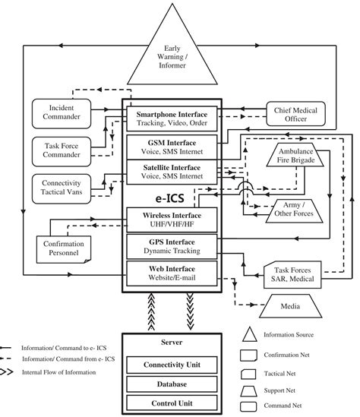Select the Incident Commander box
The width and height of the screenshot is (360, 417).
pyautogui.click(x=60, y=112)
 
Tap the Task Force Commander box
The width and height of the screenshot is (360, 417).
pyautogui.click(x=60, y=150)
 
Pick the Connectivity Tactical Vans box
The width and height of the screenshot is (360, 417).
pyautogui.click(x=60, y=188)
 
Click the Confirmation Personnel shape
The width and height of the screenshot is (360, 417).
pyautogui.click(x=64, y=248)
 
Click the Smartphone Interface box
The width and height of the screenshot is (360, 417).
pyautogui.click(x=172, y=118)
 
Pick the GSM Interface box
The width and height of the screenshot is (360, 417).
pyautogui.click(x=172, y=146)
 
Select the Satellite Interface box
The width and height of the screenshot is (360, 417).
pyautogui.click(x=172, y=171)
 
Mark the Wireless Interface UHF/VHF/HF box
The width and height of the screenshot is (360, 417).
pyautogui.click(x=172, y=221)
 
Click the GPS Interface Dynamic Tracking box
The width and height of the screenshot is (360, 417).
pyautogui.click(x=172, y=247)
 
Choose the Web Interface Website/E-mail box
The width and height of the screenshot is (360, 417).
pyautogui.click(x=172, y=273)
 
